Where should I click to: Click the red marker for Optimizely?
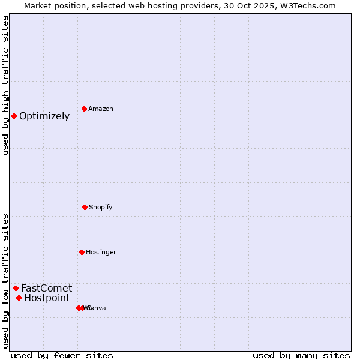tap(14, 116)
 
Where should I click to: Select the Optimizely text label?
tap(44, 116)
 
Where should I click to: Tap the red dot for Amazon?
tap(85, 109)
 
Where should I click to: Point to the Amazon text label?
tap(101, 109)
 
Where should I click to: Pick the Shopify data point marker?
tap(85, 207)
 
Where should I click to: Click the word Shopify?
tap(101, 208)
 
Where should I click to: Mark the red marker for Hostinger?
tap(82, 252)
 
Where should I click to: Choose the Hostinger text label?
tap(101, 253)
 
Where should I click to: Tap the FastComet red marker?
tap(16, 288)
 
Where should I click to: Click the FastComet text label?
tap(46, 289)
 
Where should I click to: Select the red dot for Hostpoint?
tap(19, 298)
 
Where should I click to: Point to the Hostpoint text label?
tap(47, 298)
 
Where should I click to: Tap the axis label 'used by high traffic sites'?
tap(5, 85)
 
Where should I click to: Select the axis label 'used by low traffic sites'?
tap(5, 281)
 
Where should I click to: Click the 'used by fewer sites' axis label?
tap(62, 355)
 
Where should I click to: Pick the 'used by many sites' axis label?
tap(301, 355)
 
